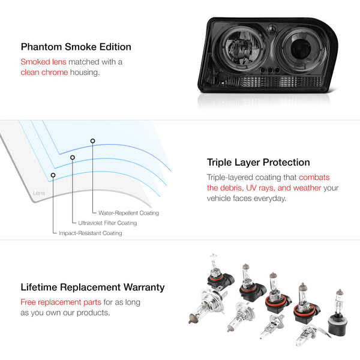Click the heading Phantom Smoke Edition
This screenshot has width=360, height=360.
[x=76, y=47]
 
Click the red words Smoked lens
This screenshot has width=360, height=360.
[x=43, y=62]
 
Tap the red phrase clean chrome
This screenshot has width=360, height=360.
[x=44, y=73]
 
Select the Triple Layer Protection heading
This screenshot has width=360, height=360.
[x=258, y=163]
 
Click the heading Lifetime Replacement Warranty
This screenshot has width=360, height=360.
[x=92, y=287]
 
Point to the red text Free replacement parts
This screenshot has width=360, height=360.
[x=61, y=302]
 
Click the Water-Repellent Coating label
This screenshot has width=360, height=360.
[x=128, y=213]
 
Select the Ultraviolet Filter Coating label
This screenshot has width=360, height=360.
[x=107, y=223]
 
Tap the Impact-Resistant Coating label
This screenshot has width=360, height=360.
[x=91, y=233]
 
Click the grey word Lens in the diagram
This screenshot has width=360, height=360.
[x=39, y=193]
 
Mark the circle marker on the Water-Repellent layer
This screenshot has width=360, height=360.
[x=92, y=141]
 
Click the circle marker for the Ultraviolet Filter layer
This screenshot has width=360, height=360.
[x=73, y=157]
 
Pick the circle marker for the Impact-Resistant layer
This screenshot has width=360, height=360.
[x=53, y=175]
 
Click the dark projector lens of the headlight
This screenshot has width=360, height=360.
[x=300, y=49]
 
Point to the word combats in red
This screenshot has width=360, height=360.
[x=314, y=178]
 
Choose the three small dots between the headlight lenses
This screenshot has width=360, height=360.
[x=270, y=70]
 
